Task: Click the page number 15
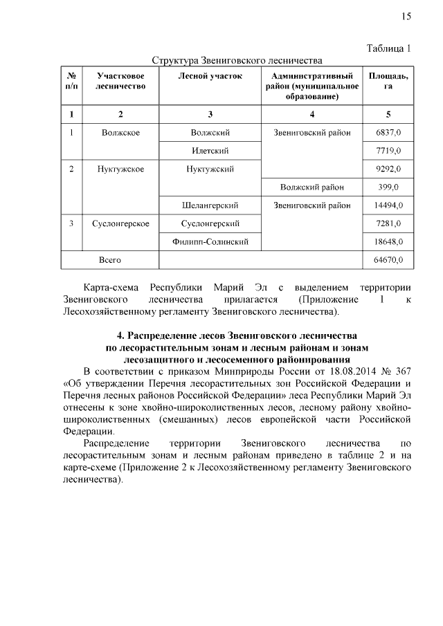406,16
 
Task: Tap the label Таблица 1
388,48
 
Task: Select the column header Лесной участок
210,75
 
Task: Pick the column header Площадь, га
388,81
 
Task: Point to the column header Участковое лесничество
120,81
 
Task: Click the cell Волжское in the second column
120,132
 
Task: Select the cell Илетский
210,150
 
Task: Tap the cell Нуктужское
120,169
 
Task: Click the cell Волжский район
311,187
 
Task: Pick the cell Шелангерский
210,205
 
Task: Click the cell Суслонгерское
120,223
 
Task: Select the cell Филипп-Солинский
210,241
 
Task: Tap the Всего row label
110,260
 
